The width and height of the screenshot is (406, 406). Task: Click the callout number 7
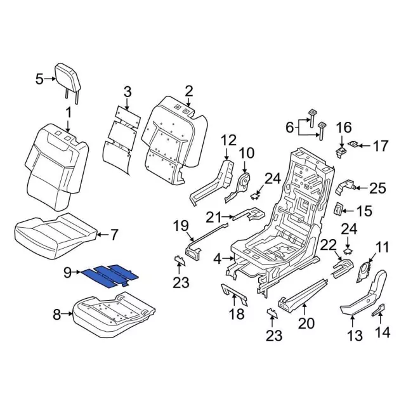114,235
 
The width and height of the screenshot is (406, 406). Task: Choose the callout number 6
289,127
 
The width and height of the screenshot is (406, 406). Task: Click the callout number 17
380,147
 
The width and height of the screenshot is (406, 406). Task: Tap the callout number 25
377,187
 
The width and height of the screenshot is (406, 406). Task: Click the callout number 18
235,314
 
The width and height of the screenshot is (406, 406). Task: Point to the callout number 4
218,258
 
